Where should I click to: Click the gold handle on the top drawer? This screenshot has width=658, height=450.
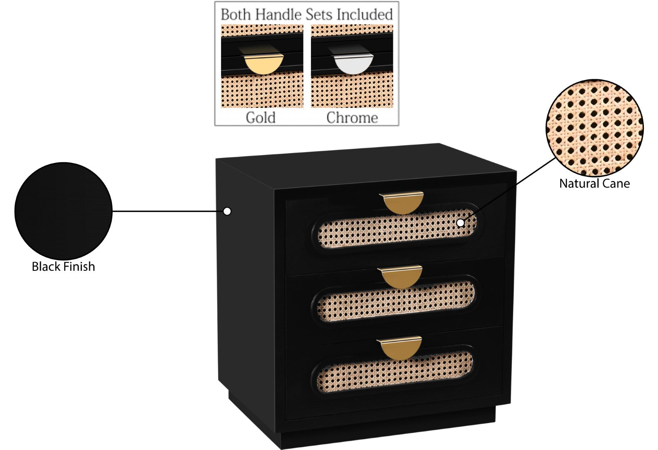(402, 203)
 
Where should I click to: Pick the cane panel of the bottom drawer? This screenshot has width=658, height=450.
(393, 372)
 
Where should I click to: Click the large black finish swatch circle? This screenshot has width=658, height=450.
(63, 211)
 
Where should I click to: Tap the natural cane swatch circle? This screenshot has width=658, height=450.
(594, 128)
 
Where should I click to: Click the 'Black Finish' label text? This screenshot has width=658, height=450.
(63, 267)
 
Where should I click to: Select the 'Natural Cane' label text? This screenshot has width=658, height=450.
(594, 183)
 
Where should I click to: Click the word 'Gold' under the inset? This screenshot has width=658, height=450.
(261, 117)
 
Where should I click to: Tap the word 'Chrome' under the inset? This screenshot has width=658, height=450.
(352, 117)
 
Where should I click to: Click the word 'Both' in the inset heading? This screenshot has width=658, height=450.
(236, 15)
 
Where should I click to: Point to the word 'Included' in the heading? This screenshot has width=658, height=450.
(365, 15)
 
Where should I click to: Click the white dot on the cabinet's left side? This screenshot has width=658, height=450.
(227, 211)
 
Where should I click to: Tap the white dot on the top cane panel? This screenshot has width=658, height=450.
(460, 223)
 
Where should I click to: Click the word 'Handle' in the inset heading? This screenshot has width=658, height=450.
(278, 15)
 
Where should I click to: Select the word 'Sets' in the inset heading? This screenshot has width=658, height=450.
(320, 15)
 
